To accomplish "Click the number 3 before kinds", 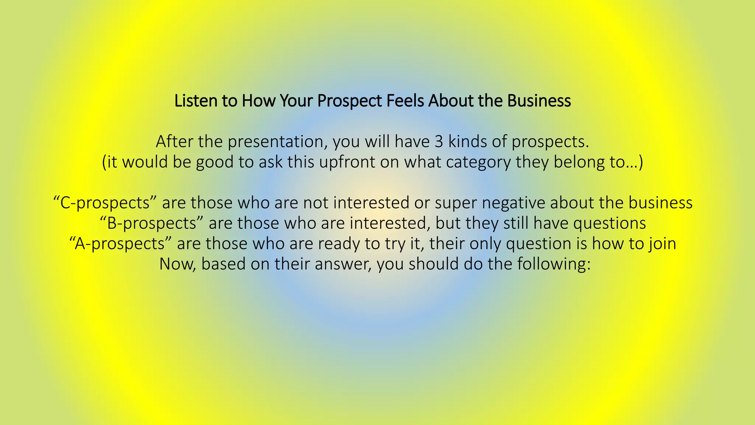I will tap(439, 142).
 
